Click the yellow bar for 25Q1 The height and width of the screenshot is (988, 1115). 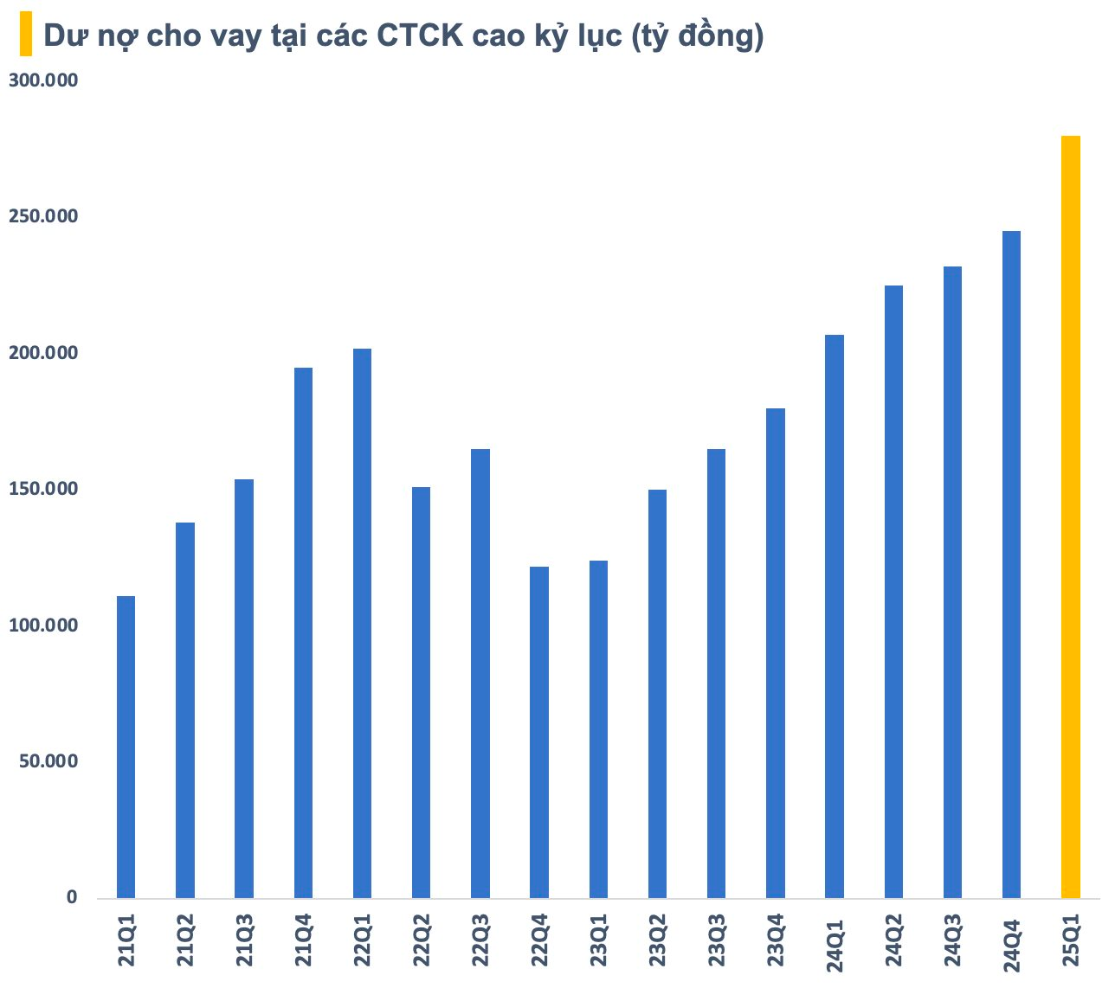(x=1070, y=516)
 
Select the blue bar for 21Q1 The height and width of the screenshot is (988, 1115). (x=126, y=747)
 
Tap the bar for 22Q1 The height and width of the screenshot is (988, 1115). (x=362, y=623)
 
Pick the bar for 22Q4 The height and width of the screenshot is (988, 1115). (x=539, y=732)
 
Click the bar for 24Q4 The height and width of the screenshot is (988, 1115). (x=1011, y=564)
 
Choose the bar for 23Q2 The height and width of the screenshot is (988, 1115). (x=658, y=694)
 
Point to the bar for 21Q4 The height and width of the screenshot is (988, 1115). (x=303, y=632)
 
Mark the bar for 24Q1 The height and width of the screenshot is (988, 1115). (x=835, y=616)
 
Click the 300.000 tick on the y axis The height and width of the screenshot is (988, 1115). (x=43, y=80)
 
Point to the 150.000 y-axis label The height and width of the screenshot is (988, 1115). (x=43, y=490)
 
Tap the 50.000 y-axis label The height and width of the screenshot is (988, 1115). (x=48, y=761)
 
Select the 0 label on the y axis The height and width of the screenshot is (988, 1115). (x=72, y=897)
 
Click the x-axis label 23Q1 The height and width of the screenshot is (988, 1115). (x=599, y=942)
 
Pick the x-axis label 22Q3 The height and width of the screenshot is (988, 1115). (x=480, y=942)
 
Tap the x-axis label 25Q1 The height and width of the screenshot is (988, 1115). (x=1071, y=942)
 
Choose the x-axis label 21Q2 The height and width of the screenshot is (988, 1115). (x=185, y=942)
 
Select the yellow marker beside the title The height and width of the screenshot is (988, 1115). (x=25, y=35)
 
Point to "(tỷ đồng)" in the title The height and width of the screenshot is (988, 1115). (x=697, y=37)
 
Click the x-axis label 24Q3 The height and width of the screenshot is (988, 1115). (x=952, y=942)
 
